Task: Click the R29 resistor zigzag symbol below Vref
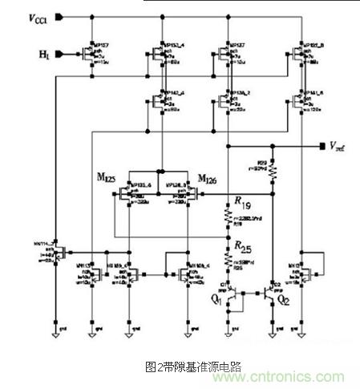tap(273, 172)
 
